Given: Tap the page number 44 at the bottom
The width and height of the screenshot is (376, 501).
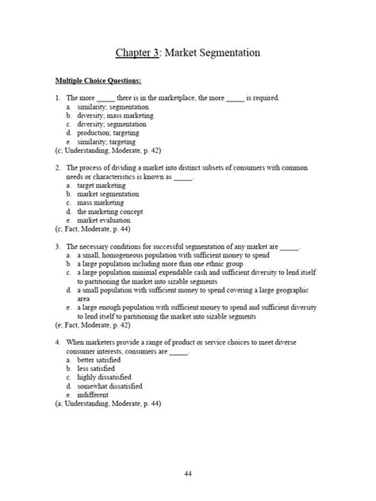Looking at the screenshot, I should [188, 474].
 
